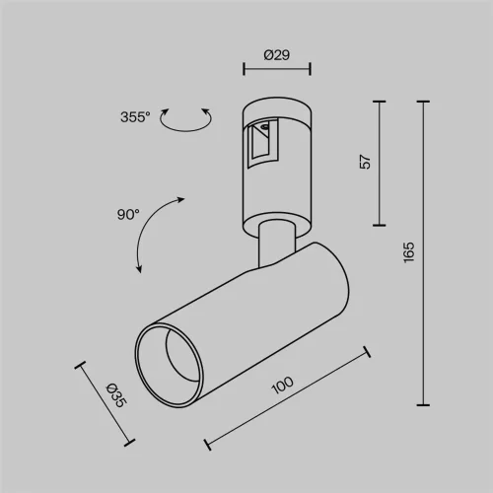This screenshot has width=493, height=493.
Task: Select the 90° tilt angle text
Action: [128, 213]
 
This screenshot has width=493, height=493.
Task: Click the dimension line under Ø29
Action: [276, 69]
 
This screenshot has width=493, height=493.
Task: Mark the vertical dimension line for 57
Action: [380, 161]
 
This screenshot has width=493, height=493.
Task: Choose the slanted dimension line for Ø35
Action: [103, 404]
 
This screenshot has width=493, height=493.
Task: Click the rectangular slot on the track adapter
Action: [261, 144]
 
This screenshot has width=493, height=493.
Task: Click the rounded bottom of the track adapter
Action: [277, 217]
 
